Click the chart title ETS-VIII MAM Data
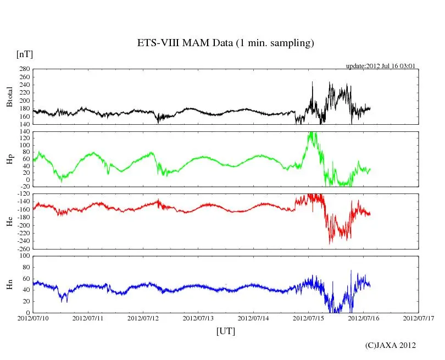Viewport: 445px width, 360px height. (225, 43)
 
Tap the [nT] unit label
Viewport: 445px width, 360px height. (25, 54)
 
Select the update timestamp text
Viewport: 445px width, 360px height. (380, 66)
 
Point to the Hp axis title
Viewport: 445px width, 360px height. (9, 159)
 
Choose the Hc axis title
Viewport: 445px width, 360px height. (9, 221)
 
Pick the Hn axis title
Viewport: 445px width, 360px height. (9, 284)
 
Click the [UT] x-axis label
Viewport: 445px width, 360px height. (225, 331)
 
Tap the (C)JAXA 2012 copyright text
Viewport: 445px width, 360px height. (391, 345)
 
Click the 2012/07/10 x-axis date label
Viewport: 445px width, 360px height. (33, 318)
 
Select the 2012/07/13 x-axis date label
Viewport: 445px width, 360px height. (198, 318)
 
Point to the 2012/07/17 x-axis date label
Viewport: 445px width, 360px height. (419, 318)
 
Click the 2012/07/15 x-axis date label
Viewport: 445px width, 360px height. (308, 318)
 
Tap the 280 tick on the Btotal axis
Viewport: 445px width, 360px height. (24, 69)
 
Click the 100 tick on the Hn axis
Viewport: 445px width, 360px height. (24, 256)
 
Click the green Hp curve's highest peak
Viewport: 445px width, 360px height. (311, 132)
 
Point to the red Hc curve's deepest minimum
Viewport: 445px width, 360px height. (330, 243)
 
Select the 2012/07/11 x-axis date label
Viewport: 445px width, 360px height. (88, 318)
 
